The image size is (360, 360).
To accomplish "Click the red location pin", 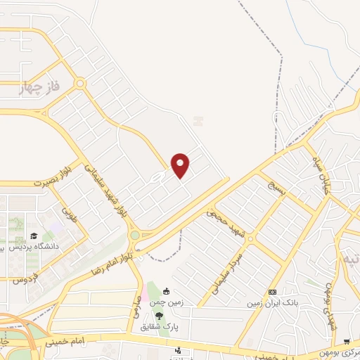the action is (181, 164).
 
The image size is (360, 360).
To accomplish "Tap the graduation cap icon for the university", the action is (33, 236).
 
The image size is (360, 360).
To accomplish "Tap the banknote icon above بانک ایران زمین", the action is (272, 292).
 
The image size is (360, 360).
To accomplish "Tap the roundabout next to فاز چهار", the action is (80, 84).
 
